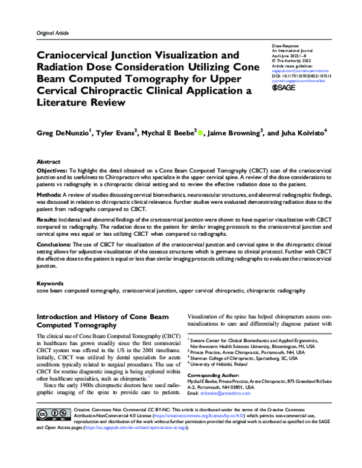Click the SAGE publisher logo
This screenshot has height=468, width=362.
pos(284,87)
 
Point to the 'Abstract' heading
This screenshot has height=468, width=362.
pos(49,162)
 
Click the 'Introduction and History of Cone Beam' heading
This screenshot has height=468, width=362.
pos(95,316)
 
